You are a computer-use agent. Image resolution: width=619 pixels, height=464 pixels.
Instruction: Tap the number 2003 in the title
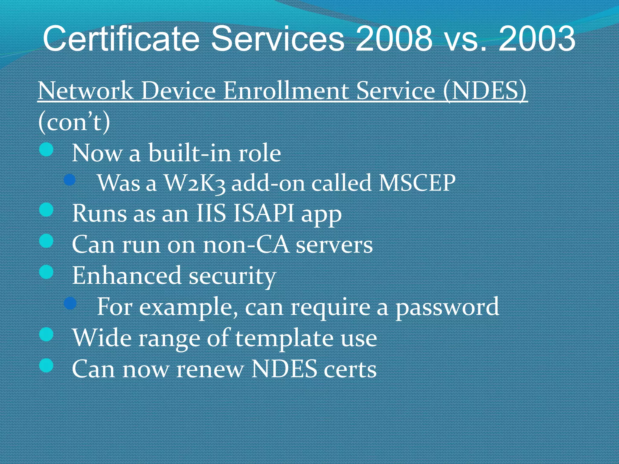[x=537, y=39]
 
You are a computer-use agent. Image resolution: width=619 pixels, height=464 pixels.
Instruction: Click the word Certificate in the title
[x=121, y=39]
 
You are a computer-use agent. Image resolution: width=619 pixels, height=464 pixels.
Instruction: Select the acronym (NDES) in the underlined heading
[x=485, y=91]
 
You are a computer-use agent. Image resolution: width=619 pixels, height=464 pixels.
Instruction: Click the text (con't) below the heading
[x=74, y=122]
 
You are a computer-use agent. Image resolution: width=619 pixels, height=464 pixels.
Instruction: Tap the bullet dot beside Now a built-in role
[x=47, y=150]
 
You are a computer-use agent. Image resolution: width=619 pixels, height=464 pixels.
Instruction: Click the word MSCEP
[x=417, y=183]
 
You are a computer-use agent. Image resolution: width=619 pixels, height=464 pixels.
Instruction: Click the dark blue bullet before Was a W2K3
[x=70, y=180]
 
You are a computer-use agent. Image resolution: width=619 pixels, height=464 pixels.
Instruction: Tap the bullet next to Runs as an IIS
[x=47, y=210]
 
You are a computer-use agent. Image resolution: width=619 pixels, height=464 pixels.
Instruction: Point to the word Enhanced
[x=127, y=275]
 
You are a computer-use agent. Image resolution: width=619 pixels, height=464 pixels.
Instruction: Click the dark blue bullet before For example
[x=70, y=303]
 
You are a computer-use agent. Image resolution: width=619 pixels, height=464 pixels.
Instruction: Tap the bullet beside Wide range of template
[x=47, y=335]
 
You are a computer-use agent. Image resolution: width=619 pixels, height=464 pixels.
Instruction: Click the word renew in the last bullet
[x=210, y=369]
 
